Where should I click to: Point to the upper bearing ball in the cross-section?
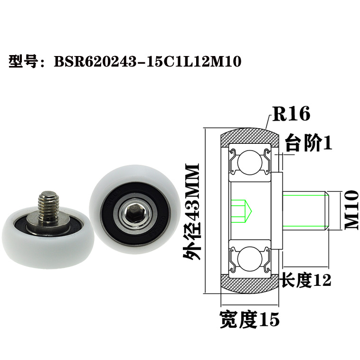(248, 163)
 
